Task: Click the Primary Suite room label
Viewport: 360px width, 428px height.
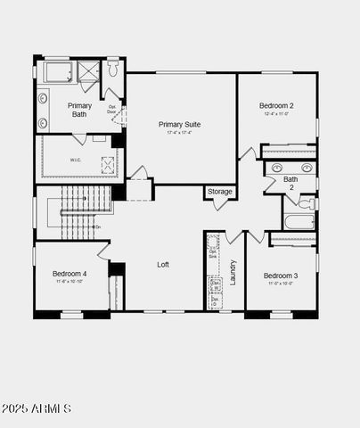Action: [177, 124]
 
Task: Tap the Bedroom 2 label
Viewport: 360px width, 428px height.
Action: [277, 105]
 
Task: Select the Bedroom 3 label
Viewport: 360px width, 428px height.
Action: [281, 276]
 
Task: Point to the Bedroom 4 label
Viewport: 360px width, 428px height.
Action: [70, 273]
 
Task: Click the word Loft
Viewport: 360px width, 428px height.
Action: [163, 265]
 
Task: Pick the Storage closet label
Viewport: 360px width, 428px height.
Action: [220, 192]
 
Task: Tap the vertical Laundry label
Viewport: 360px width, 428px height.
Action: [233, 272]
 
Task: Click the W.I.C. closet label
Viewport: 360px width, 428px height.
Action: [76, 160]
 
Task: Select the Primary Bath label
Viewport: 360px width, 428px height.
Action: [78, 110]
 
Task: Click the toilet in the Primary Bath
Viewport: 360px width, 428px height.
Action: [114, 70]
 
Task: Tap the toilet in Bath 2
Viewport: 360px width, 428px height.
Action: [306, 203]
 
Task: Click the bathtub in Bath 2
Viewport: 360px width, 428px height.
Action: [299, 221]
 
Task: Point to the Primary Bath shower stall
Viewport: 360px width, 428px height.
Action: [88, 71]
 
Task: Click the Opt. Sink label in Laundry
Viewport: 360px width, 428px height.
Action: [214, 252]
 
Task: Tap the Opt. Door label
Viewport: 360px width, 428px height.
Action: [113, 111]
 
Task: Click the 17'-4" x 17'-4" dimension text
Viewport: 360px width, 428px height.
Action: [177, 134]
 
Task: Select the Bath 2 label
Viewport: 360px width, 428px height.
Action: [290, 184]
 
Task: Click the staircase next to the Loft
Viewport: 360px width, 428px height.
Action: [78, 213]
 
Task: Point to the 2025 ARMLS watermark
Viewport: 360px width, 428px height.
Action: [37, 408]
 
